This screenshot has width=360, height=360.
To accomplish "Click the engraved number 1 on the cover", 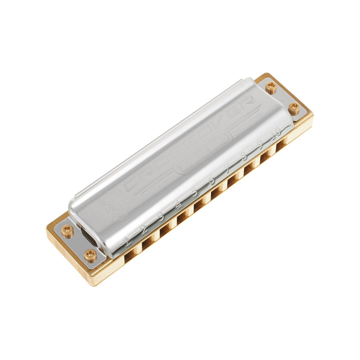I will click(126, 242).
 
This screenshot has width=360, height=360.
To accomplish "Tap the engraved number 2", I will click(143, 229).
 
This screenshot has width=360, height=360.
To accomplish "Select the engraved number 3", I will click(161, 217).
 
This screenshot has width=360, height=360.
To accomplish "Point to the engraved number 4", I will click(178, 204).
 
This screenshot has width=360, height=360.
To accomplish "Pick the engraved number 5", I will click(195, 192).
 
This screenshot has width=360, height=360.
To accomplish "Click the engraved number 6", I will click(212, 180).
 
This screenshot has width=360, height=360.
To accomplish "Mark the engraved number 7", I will click(228, 168).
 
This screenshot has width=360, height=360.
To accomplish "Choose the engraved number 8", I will click(244, 156).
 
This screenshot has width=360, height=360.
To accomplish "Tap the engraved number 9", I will click(260, 144).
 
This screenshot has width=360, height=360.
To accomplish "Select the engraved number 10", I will click(276, 132).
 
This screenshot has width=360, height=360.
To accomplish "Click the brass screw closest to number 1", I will click(90, 256).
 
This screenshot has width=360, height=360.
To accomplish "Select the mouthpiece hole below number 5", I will click(199, 206).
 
